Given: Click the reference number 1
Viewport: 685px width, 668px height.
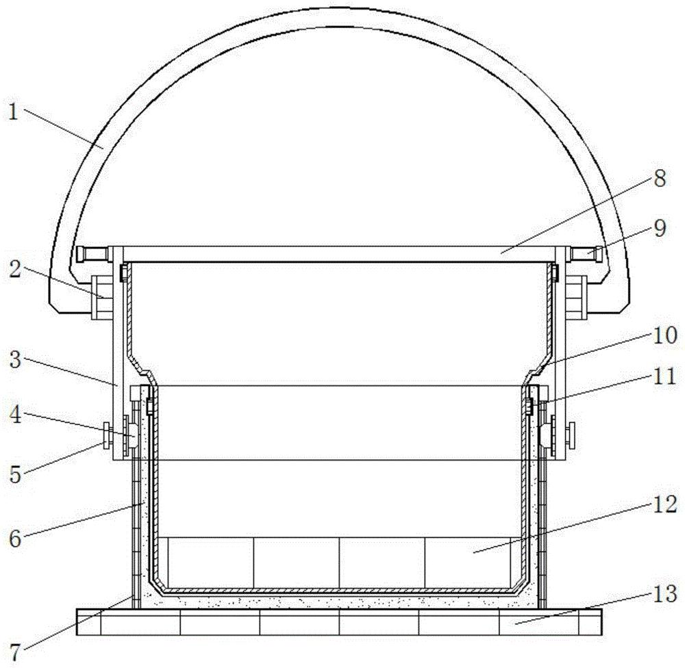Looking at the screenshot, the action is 14,113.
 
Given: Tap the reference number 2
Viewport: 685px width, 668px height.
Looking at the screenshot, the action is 15,270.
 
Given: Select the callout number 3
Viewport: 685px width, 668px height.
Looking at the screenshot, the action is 15,360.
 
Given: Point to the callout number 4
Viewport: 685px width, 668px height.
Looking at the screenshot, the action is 15,415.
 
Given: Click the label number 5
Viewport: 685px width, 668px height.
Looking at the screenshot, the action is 15,474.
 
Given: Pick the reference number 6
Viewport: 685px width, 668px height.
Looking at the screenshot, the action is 15,539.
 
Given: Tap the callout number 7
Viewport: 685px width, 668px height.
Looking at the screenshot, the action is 15,653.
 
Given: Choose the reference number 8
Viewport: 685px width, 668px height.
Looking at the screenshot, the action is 660,179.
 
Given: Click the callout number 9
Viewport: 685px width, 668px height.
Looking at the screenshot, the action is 660,229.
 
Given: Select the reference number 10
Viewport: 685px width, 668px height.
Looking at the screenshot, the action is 665,335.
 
